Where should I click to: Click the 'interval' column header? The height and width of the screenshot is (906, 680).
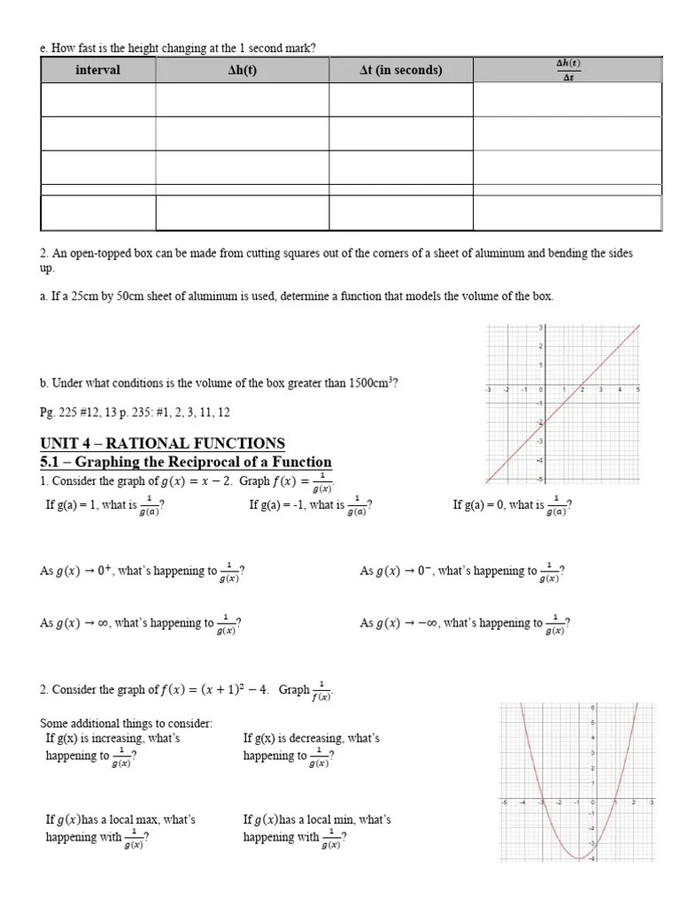tap(97, 70)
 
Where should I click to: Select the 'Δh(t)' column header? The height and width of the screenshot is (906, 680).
tap(242, 70)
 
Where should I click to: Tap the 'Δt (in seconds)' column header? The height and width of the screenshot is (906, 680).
tap(400, 70)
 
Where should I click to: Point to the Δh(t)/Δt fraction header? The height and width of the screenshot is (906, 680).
tap(568, 69)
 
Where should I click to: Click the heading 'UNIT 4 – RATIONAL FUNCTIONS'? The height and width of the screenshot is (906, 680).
tap(162, 443)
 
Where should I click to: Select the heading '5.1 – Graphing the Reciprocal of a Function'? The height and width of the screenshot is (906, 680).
tap(186, 462)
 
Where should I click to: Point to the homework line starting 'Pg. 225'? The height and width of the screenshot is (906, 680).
tap(135, 412)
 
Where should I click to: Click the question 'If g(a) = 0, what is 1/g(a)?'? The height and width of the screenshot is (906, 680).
tap(512, 506)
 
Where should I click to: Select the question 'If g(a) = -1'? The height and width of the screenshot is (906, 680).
tap(310, 506)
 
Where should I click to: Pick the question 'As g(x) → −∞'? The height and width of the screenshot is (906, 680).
tap(465, 624)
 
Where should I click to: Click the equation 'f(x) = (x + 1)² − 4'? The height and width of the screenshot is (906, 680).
tap(217, 690)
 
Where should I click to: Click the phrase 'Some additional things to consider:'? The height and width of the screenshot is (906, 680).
tap(126, 724)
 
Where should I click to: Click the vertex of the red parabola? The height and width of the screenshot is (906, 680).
tap(577, 858)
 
